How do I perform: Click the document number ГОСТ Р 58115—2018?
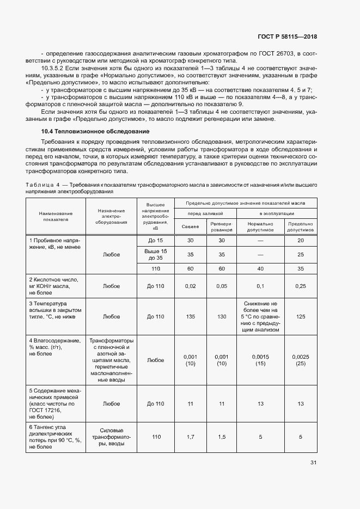tap(287, 36)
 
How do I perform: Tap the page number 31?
tap(313, 463)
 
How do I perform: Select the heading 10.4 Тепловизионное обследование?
tap(95, 132)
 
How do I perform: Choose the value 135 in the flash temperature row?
tap(190, 316)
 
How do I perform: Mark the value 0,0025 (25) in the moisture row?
tap(301, 360)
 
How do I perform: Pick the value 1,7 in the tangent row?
tap(190, 437)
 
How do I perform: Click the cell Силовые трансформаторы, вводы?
tap(112, 437)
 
